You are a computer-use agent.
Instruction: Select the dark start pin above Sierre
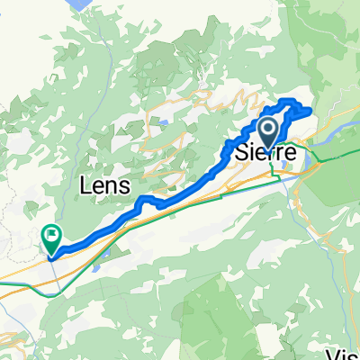[x=270, y=130]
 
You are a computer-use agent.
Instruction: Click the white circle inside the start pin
[x=270, y=127]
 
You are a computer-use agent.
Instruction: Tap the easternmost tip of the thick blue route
[x=310, y=112]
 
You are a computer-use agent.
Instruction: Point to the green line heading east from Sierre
[x=333, y=157]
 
